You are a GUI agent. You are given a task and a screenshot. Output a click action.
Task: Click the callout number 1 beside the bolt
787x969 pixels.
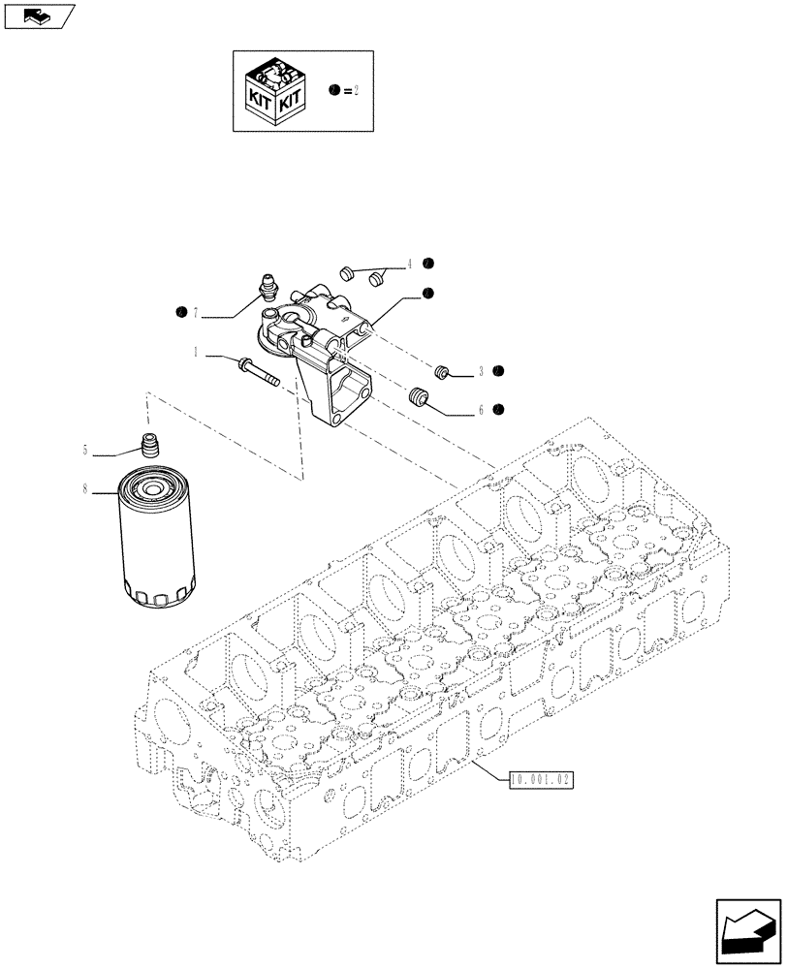click(x=196, y=354)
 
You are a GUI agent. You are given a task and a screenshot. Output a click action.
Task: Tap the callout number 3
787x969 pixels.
click(x=480, y=371)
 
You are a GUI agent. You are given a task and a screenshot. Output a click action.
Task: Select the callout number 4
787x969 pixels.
click(x=410, y=264)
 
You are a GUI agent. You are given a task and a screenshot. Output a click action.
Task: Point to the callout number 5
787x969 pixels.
click(x=85, y=450)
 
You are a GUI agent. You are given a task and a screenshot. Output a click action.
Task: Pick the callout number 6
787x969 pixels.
click(x=480, y=411)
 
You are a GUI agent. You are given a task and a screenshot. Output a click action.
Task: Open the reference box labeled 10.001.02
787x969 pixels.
click(x=539, y=777)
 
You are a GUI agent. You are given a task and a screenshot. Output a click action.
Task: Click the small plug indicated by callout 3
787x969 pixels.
click(x=442, y=371)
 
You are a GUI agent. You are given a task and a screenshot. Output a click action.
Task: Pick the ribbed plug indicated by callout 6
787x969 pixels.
click(x=420, y=397)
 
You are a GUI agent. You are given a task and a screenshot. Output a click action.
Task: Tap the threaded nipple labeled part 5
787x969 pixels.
click(x=149, y=449)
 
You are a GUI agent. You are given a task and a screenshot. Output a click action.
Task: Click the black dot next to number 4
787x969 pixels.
click(x=427, y=264)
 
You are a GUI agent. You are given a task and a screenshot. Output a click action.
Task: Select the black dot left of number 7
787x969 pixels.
click(x=180, y=312)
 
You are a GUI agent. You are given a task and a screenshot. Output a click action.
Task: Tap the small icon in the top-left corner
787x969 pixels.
click(x=38, y=16)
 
